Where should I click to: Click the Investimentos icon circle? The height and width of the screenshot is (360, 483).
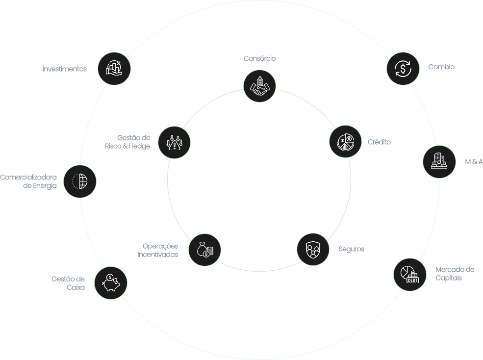pos(114,69)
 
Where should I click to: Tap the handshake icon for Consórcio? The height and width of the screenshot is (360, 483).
pos(259,86)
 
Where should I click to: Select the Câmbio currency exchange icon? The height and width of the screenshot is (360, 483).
pos(403,69)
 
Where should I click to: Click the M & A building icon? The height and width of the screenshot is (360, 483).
pos(439,161)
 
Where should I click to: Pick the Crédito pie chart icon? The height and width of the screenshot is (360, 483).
pos(345,142)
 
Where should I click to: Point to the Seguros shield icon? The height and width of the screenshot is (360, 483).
pos(313,250)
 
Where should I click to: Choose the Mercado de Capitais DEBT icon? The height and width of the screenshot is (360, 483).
pos(410,275)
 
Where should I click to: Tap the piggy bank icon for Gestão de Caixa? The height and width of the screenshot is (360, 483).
pos(111,283)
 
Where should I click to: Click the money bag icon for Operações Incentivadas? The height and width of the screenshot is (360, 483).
pos(204,250)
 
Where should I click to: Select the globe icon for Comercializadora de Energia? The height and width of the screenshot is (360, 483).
pos(80,181)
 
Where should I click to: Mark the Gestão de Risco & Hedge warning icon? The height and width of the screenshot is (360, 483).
pos(174,143)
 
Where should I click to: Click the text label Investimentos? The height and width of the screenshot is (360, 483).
pos(64,69)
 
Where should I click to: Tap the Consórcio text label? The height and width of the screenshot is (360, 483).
pos(259,58)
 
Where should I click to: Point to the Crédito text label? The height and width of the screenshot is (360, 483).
pos(379,142)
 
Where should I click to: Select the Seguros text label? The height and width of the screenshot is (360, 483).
pos(351,249)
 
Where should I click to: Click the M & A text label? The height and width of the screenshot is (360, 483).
pos(474,161)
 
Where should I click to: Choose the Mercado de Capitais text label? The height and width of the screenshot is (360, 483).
pos(455,274)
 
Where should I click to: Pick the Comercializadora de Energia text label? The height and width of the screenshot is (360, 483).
pos(28,181)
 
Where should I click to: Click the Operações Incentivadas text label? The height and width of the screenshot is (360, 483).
pos(158,250)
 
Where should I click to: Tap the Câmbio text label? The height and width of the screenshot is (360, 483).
pos(441,67)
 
